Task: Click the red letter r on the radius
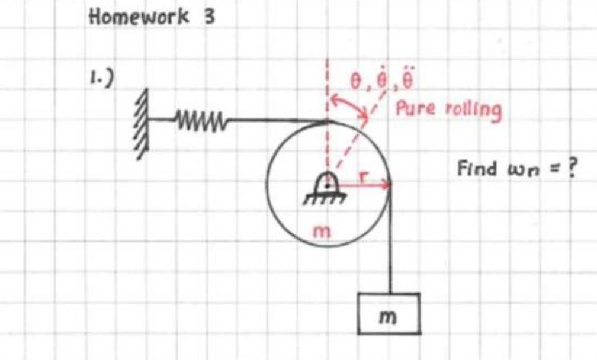(365, 176)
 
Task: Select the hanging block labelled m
(389, 313)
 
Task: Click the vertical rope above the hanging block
(390, 249)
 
